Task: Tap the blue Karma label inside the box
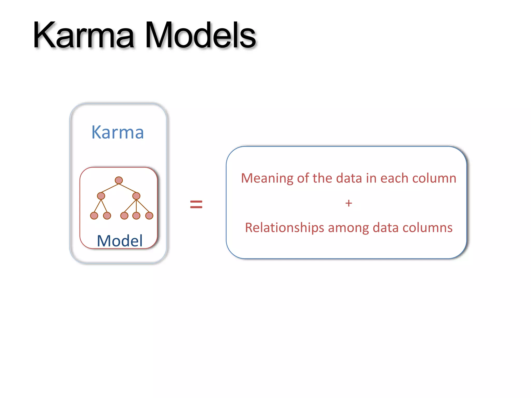coord(117,132)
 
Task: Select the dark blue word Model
coord(120,241)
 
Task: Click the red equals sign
coord(196,204)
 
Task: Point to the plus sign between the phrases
coord(348,203)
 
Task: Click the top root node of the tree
coord(119,180)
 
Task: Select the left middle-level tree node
coord(101,196)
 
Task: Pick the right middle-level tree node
coord(136,196)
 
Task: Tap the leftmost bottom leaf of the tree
coord(94,216)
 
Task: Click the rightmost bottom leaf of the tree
coord(149,216)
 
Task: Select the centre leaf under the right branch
coord(136,216)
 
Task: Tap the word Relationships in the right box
coord(284,228)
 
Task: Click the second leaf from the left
coord(107,216)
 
